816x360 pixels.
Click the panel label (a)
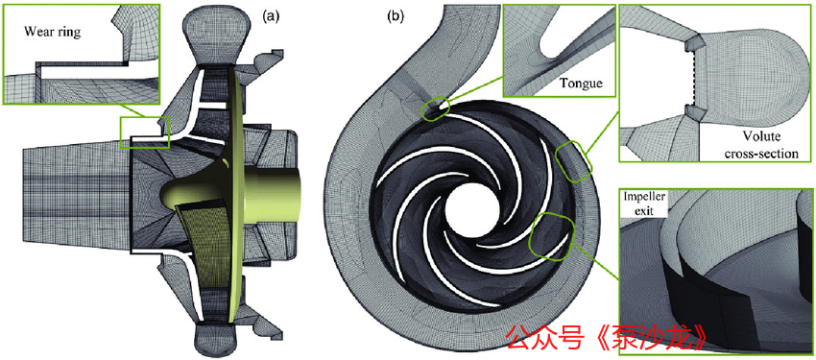(271, 16)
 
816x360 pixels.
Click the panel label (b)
(395, 16)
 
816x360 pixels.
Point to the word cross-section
(764, 154)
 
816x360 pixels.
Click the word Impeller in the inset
(640, 198)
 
